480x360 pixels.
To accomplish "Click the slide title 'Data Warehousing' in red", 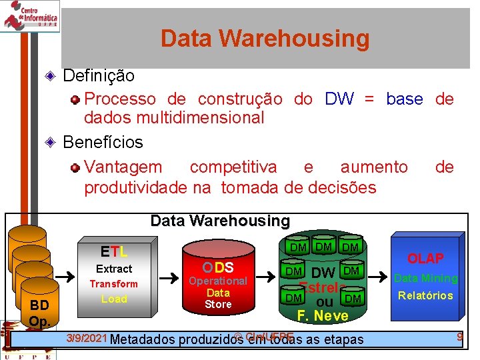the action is [x=265, y=39].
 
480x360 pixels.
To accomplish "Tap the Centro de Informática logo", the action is [x=31, y=15].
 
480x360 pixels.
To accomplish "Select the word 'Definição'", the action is [x=98, y=76].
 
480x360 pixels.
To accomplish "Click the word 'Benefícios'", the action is [x=103, y=142].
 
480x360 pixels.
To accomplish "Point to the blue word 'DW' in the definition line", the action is [x=339, y=99].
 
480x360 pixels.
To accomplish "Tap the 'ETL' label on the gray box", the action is [x=114, y=251].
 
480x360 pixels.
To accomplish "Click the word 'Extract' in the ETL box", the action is [x=114, y=269].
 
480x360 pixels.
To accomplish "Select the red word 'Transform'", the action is [x=114, y=284].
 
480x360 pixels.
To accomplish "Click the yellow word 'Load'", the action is [x=114, y=299].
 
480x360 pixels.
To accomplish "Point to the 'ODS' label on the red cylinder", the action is [x=218, y=267].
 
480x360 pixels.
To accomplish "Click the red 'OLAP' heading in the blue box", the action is [x=425, y=259].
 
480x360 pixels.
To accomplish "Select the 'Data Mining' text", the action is [x=426, y=278].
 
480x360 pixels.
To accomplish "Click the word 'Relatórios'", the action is [x=425, y=295].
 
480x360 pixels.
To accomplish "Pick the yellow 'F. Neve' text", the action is [x=323, y=315].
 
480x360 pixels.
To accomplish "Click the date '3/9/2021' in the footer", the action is [x=87, y=338].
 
